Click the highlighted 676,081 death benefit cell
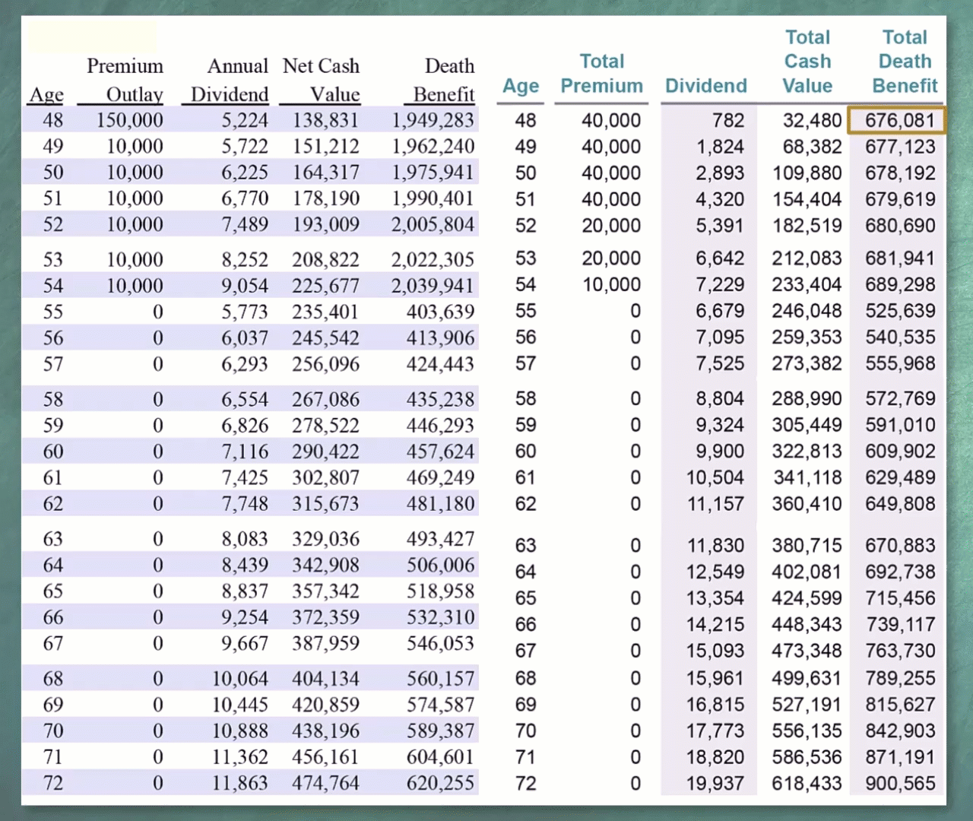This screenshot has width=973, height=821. click(x=896, y=121)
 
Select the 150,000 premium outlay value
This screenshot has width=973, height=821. click(x=129, y=121)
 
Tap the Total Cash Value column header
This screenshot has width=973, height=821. click(x=807, y=62)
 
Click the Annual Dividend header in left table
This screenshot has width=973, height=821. click(x=230, y=80)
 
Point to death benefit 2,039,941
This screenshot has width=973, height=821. click(x=433, y=286)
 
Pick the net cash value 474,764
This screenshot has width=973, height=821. click(x=326, y=783)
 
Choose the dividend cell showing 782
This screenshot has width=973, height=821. click(x=728, y=121)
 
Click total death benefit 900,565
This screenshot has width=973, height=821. click(x=900, y=784)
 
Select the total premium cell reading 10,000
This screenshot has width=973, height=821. click(x=612, y=285)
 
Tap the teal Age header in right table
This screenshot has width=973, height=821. click(x=521, y=86)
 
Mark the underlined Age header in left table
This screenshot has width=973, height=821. click(x=46, y=95)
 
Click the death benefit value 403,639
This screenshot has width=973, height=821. click(x=440, y=312)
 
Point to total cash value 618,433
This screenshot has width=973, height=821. click(x=807, y=784)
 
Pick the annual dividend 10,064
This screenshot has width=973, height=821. click(x=240, y=678)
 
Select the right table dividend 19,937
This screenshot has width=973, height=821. click(x=715, y=784)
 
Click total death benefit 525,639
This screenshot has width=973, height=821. click(x=900, y=311)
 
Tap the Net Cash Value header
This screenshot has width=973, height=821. click(x=322, y=80)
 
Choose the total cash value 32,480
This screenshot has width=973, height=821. click(x=813, y=121)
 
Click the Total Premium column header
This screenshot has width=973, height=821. click(x=601, y=74)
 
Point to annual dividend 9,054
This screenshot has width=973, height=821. click(x=245, y=286)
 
